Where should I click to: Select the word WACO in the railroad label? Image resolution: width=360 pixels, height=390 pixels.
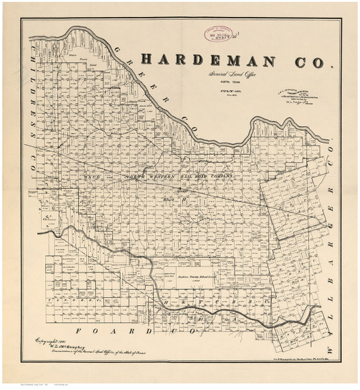coord(90,176)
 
